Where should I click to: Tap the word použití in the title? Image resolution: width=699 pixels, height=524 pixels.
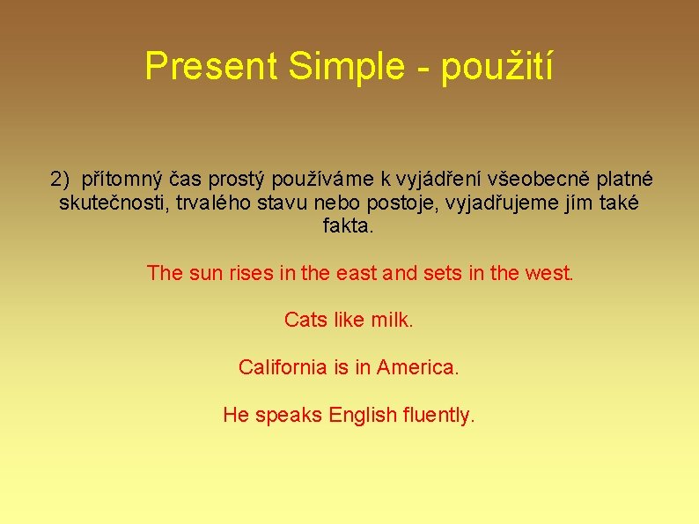[x=497, y=67]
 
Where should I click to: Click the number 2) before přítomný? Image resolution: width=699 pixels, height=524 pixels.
[x=60, y=180]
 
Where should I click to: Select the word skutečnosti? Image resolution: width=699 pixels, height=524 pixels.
[x=109, y=203]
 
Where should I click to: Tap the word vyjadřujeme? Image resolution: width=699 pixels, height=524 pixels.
[x=512, y=203]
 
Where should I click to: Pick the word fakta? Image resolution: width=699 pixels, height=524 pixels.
[x=349, y=226]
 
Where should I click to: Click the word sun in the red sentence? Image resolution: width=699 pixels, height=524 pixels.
[x=206, y=273]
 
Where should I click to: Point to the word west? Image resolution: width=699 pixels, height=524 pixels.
[x=548, y=273]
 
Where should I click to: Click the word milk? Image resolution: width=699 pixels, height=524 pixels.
[x=393, y=320]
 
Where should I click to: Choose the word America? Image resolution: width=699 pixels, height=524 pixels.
[x=417, y=367]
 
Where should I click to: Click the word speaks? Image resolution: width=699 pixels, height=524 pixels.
[x=289, y=415]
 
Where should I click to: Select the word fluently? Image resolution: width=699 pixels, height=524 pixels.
[x=438, y=415]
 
